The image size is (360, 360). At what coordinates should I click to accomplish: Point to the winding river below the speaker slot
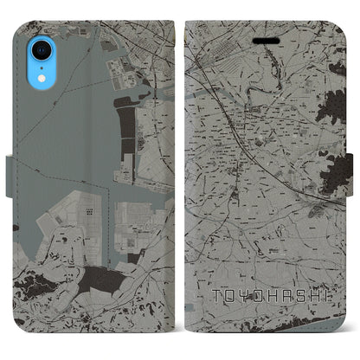(x=260, y=78)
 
